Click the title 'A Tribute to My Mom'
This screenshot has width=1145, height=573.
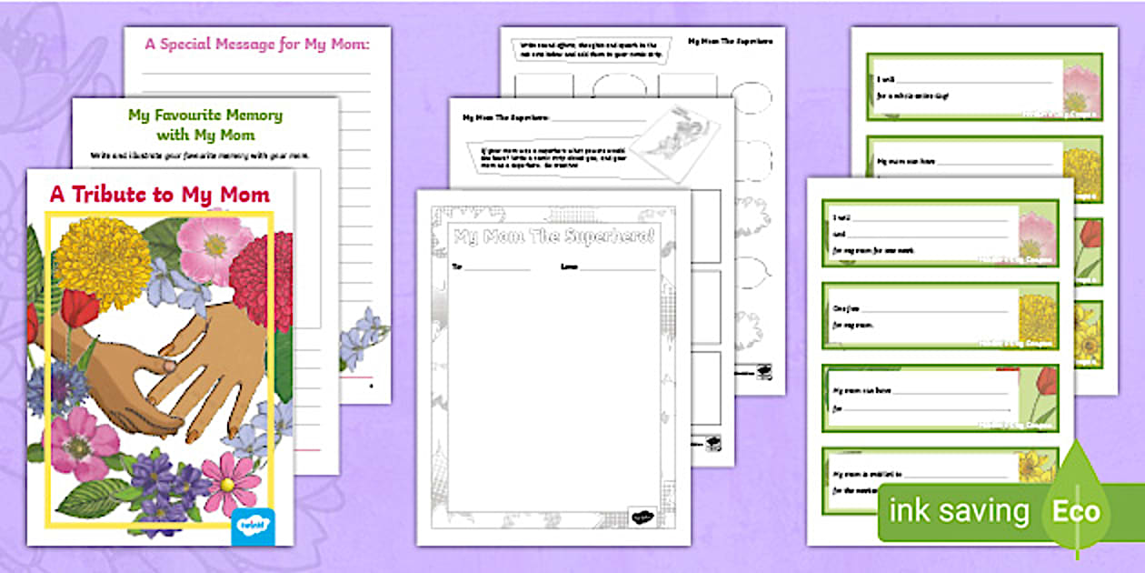(x=159, y=195)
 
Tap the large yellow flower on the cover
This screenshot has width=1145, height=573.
(x=103, y=263)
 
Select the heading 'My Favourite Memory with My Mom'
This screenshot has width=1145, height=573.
(x=204, y=126)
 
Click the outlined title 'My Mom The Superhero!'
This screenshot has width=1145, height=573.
(x=553, y=237)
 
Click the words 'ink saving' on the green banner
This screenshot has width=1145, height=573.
(x=959, y=511)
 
